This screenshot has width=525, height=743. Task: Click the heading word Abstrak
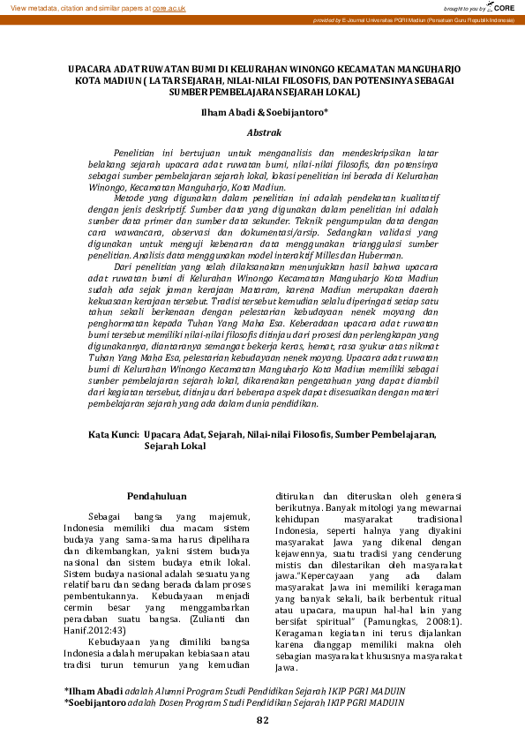tap(264, 131)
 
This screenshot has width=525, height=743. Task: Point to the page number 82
tap(262, 721)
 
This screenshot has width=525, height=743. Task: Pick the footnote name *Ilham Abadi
tap(93, 690)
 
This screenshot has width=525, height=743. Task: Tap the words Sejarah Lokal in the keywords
tap(175, 447)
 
